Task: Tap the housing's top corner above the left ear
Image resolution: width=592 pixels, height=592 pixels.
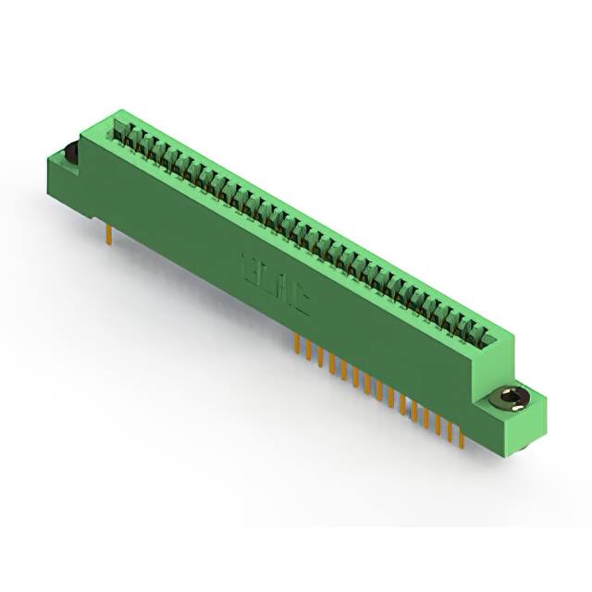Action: [x=82, y=134]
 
